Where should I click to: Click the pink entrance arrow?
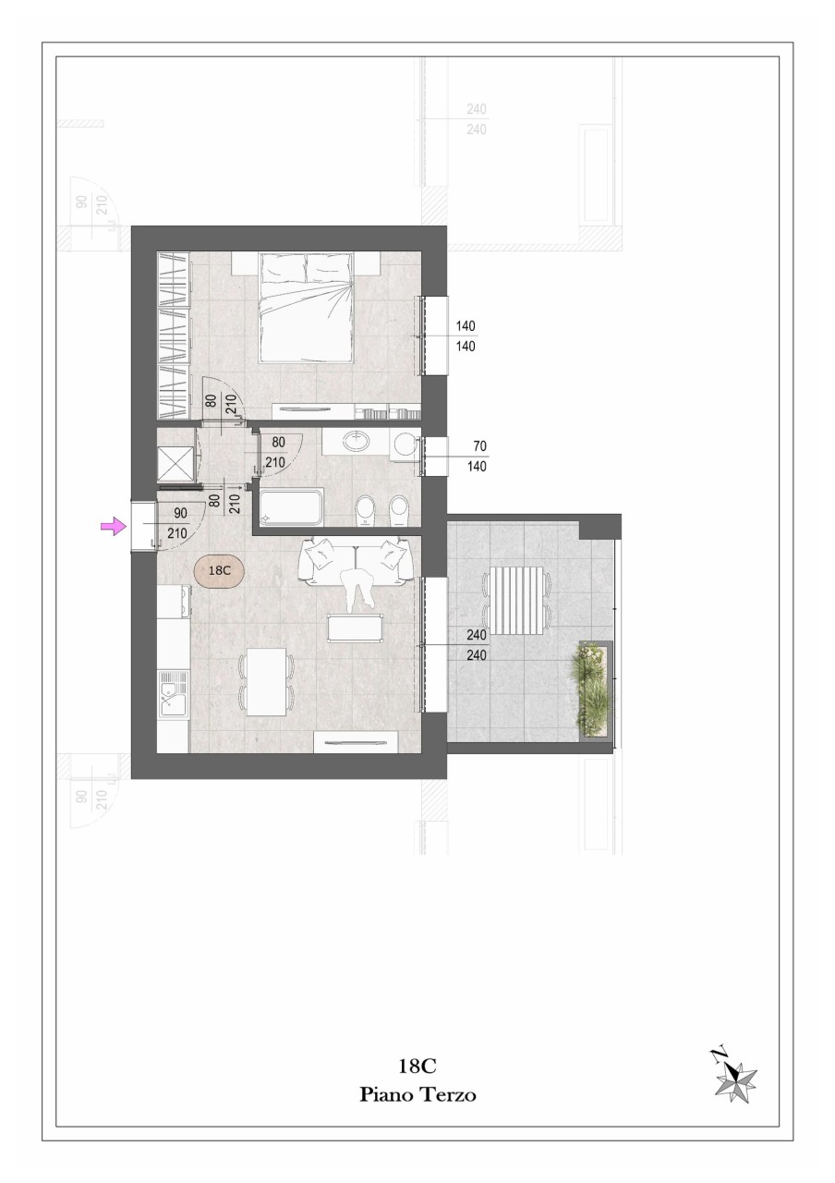click(114, 526)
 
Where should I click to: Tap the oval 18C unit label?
click(219, 570)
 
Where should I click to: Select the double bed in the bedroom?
click(306, 308)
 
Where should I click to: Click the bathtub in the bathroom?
click(290, 507)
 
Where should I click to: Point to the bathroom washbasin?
click(357, 442)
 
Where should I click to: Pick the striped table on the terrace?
click(516, 600)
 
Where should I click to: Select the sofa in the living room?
click(356, 559)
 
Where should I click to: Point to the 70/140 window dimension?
click(478, 457)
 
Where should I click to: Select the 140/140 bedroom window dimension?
click(466, 335)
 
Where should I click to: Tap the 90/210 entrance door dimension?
click(178, 523)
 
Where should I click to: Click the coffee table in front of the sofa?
click(355, 628)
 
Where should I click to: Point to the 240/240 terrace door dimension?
click(477, 645)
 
